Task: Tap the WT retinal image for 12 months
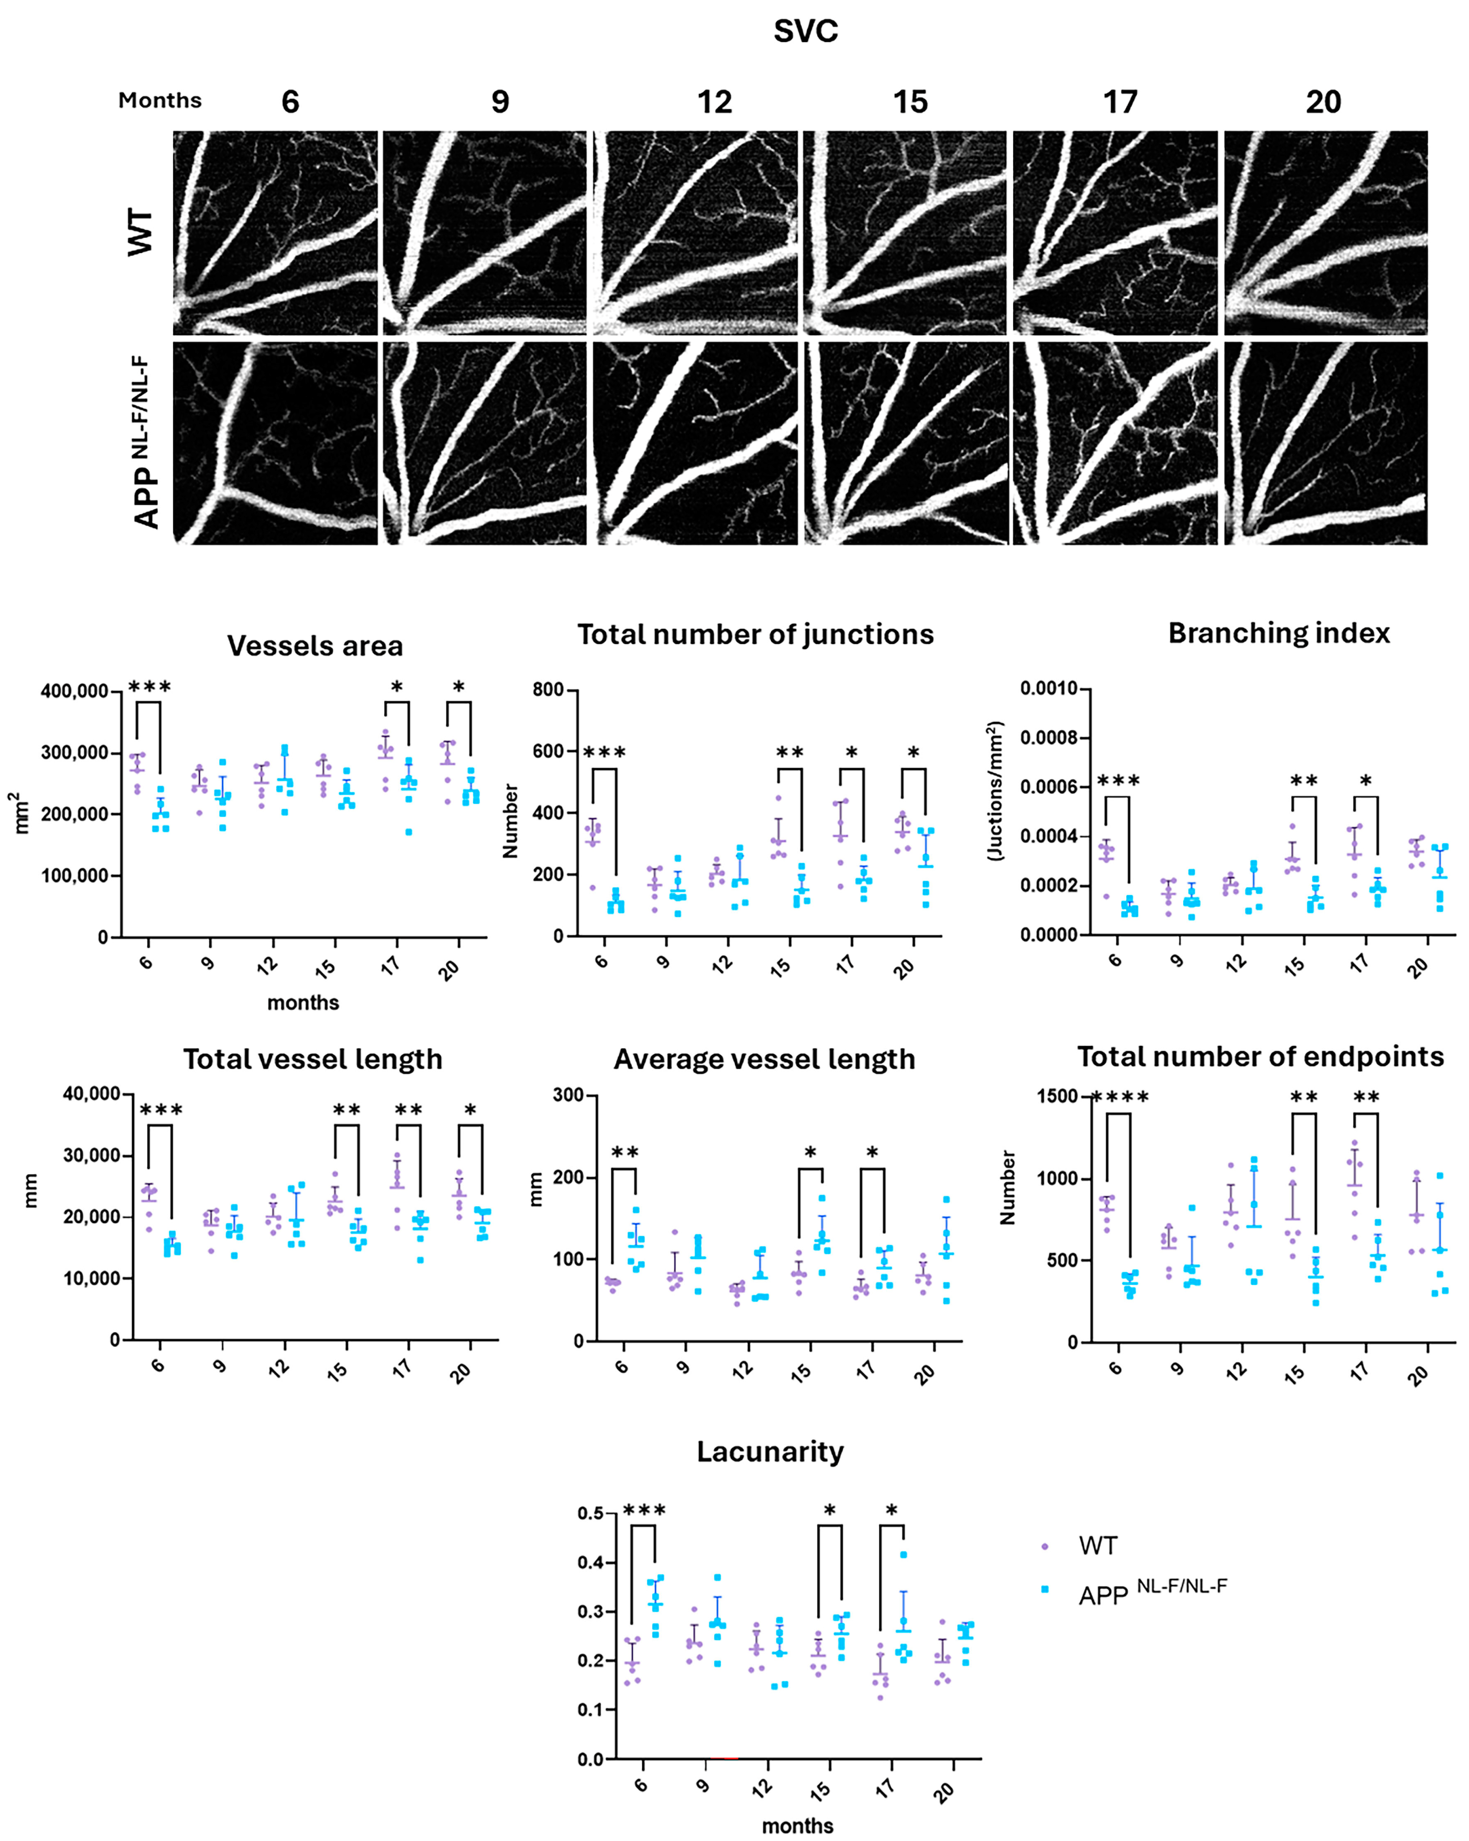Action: point(695,232)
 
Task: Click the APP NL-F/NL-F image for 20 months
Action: point(1325,443)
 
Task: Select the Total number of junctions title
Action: point(756,635)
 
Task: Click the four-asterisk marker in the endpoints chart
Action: point(1120,1097)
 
